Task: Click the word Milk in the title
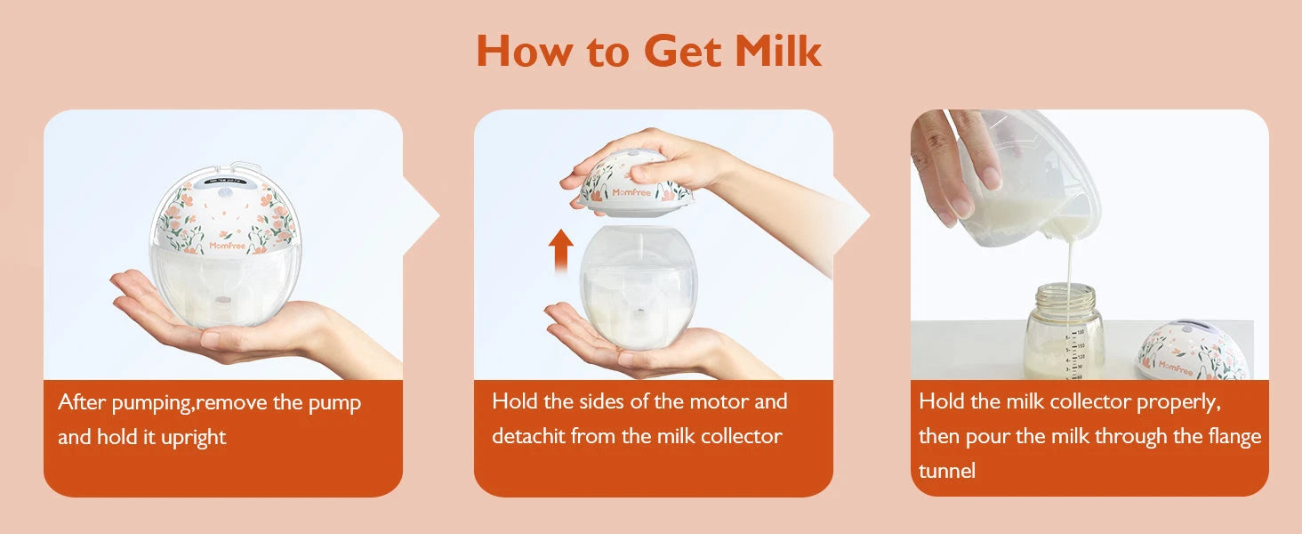coord(778,51)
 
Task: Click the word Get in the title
coord(683,52)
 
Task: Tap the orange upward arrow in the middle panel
coord(561,250)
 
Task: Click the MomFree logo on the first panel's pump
coord(228,246)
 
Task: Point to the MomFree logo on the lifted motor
coord(631,192)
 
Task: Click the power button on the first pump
coord(225,191)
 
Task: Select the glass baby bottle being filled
coord(1063,332)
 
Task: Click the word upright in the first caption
coord(193,438)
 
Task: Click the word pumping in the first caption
coord(152,403)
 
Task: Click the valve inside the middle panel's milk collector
coord(639,311)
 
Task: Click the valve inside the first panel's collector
coord(222,302)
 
